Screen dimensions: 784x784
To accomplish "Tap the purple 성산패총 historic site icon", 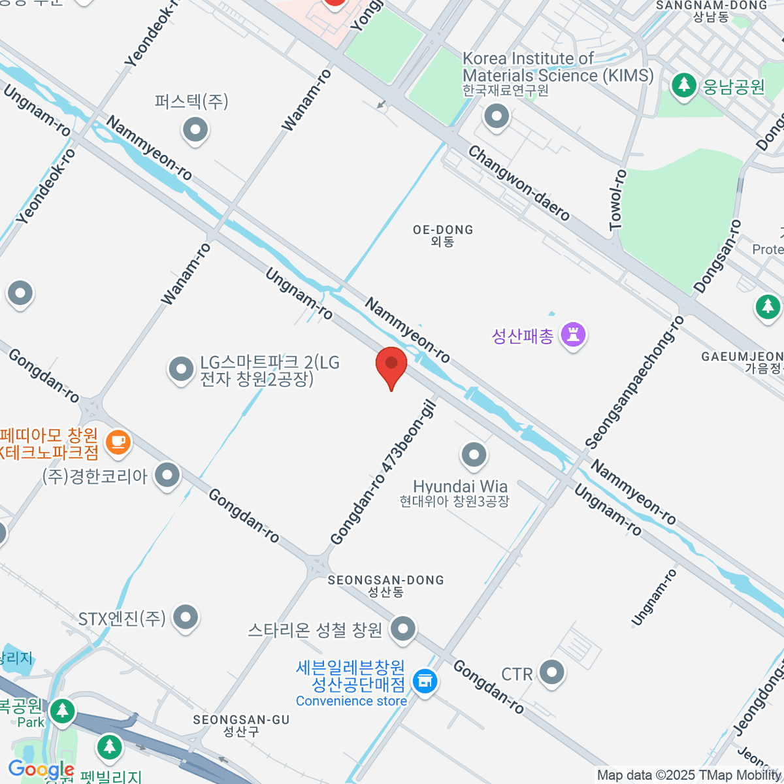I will [573, 335].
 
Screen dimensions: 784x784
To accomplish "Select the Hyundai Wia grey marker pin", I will [474, 454].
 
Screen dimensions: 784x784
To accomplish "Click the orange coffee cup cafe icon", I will [118, 442].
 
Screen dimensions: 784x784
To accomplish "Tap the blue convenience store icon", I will [425, 682].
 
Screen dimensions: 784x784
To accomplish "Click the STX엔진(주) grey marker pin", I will [186, 617].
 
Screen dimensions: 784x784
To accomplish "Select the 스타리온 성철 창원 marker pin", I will [402, 629].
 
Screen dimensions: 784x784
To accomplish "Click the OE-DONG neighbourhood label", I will [443, 235].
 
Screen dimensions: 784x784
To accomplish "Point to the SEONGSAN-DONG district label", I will [385, 585].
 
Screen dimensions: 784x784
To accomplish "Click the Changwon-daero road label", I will [519, 184].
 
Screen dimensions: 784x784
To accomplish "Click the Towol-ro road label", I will [617, 200].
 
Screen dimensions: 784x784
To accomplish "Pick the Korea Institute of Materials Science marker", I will [497, 117].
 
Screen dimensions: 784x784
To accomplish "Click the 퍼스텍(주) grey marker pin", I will [195, 129].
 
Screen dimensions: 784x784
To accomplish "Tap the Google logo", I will [41, 769].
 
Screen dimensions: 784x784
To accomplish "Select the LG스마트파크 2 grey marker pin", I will [181, 369].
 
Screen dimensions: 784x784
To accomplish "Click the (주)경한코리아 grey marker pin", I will [168, 475].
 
